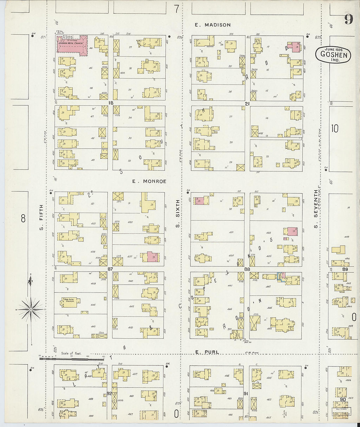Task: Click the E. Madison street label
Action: coord(213,25)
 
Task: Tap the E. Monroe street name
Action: coord(149,181)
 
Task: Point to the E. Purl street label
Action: coord(207,352)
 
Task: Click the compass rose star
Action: coord(30,309)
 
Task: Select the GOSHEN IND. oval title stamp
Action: coord(333,55)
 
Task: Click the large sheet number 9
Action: coord(349,19)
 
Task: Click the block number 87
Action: coord(110,269)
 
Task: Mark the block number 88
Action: coord(247,269)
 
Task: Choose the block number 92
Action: coord(109,393)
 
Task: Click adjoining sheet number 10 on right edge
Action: coord(334,129)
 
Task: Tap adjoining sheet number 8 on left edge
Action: coord(23,218)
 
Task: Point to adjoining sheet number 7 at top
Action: coord(176,9)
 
